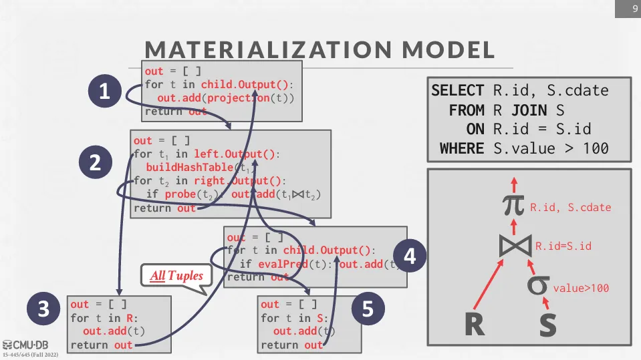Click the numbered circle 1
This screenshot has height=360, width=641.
[104, 92]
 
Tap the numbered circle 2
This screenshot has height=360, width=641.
[94, 162]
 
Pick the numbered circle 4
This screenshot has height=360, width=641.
[410, 256]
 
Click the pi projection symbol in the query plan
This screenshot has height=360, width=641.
[514, 205]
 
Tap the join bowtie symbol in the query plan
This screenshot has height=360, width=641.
[515, 246]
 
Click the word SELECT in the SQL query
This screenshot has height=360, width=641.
[458, 90]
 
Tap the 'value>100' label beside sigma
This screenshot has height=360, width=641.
[580, 289]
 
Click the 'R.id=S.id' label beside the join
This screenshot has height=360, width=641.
[563, 246]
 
